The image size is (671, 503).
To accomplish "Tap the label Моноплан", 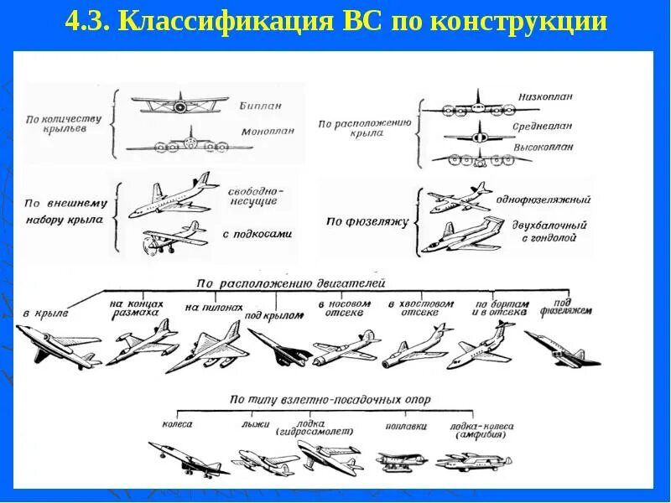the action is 267,132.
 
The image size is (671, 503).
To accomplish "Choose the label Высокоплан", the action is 544,146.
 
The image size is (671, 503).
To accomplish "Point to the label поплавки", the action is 410,426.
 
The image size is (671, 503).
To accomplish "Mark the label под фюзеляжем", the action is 567,306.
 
